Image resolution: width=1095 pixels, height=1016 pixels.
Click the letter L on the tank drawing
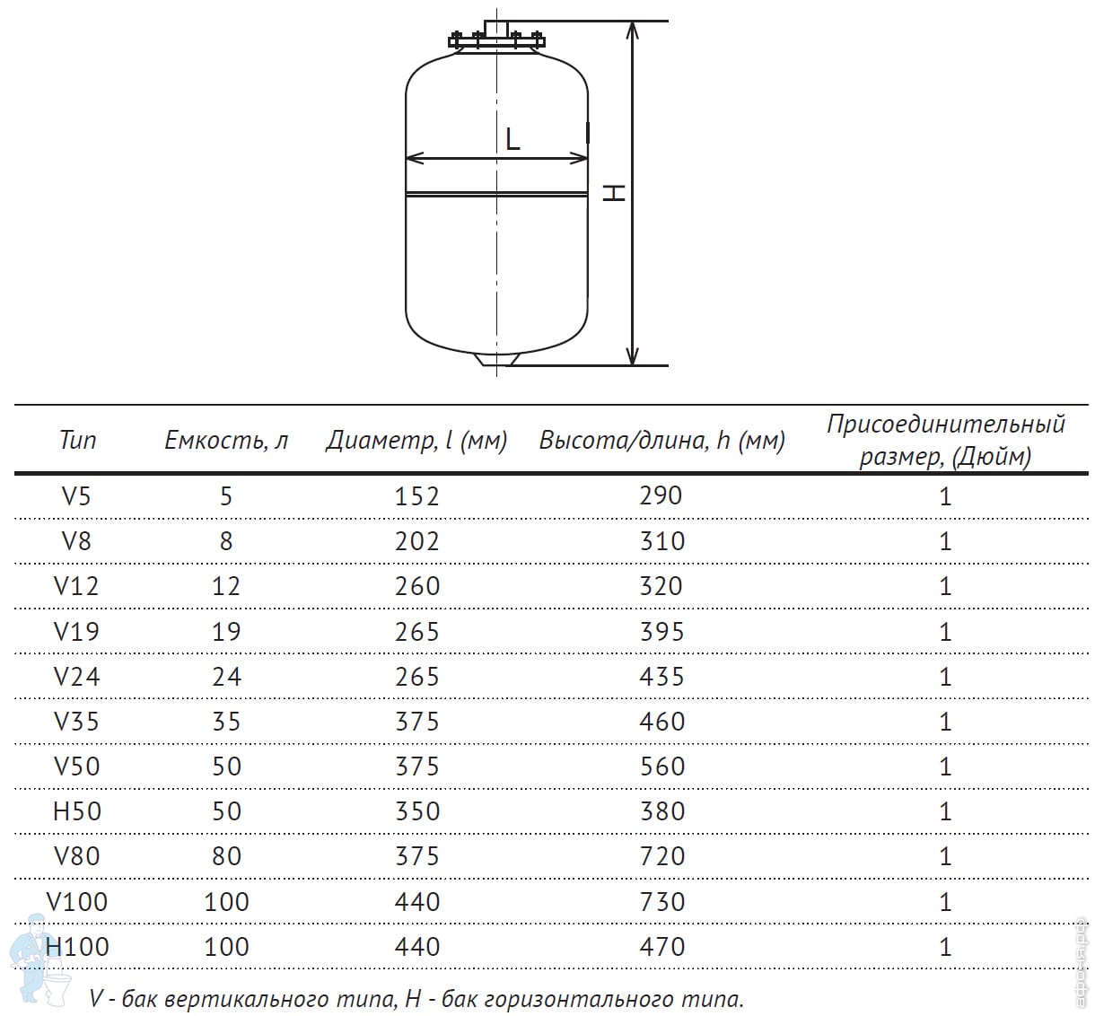512,139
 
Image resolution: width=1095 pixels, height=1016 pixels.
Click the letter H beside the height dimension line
614,192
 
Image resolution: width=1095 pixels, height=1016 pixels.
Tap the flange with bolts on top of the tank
496,39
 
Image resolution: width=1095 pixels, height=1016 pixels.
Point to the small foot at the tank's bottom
496,359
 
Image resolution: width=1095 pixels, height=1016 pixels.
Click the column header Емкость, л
226,440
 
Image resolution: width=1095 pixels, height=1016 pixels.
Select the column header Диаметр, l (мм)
416,440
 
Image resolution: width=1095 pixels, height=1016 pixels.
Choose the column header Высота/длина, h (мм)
661,440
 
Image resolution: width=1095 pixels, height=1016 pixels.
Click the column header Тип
77,440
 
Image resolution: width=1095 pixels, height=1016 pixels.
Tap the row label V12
76,586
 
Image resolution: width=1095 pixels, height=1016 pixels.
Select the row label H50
76,810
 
